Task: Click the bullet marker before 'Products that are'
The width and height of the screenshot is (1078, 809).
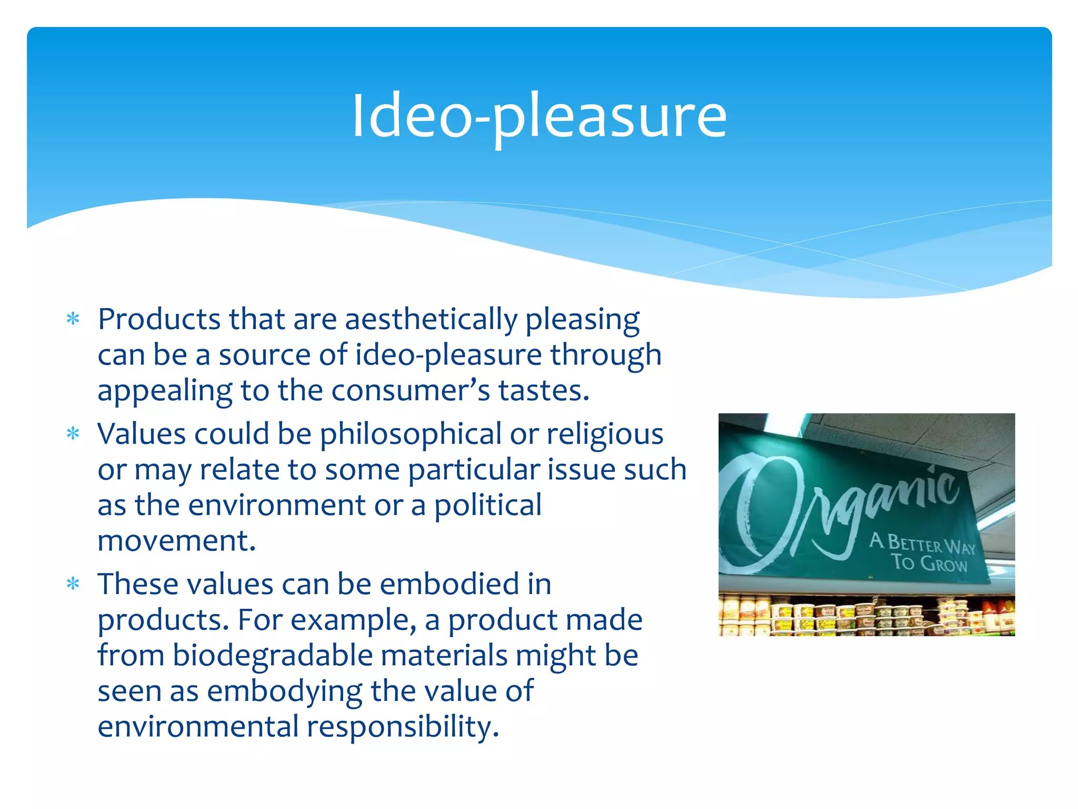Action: tap(73, 320)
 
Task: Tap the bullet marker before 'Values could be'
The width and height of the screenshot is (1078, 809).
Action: tap(73, 435)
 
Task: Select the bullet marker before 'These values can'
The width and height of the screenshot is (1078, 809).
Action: tap(73, 584)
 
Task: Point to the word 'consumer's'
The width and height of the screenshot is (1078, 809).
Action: tap(411, 391)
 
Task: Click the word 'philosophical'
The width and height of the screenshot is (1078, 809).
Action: tap(411, 435)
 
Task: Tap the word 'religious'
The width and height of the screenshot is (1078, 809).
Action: tap(605, 435)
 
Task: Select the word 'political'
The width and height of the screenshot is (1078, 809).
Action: tap(487, 506)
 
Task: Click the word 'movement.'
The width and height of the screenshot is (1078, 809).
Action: tap(177, 541)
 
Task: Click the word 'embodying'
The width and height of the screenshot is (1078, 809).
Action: tap(285, 692)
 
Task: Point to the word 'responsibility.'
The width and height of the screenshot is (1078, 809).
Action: tap(403, 727)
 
